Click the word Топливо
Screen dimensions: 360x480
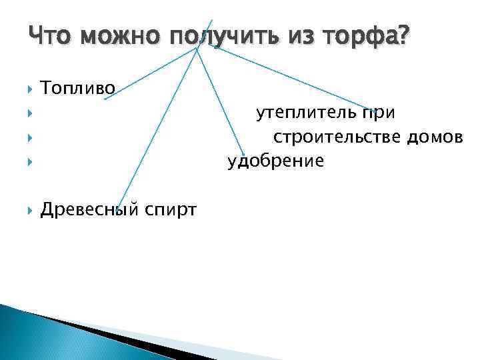pos(77,87)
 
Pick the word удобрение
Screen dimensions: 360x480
pos(275,161)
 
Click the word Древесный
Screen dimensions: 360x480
pos(85,211)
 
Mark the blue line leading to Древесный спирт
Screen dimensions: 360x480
pos(157,127)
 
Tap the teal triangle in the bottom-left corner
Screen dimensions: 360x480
pos(27,333)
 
